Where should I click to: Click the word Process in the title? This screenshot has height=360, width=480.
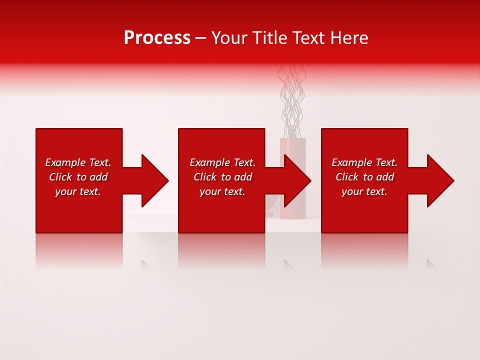[x=157, y=38]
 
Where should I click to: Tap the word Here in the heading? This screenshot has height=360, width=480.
[x=349, y=38]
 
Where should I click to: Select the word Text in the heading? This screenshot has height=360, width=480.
[x=309, y=38]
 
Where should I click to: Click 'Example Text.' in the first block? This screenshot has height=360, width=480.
[x=78, y=162]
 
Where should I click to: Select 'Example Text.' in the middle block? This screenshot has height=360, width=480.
[x=222, y=162]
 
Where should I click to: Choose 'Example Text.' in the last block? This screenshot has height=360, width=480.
[x=364, y=162]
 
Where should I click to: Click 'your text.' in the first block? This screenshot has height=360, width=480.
[x=78, y=191]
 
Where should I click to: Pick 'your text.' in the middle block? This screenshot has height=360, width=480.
[x=222, y=191]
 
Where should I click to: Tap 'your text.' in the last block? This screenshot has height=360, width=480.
[x=364, y=191]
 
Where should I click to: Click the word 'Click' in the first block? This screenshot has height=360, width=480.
[x=60, y=177]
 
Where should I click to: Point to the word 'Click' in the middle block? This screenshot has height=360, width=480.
[x=205, y=177]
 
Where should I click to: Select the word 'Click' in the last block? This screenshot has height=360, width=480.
[x=347, y=177]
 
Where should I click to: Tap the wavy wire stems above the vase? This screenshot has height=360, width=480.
[x=291, y=100]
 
